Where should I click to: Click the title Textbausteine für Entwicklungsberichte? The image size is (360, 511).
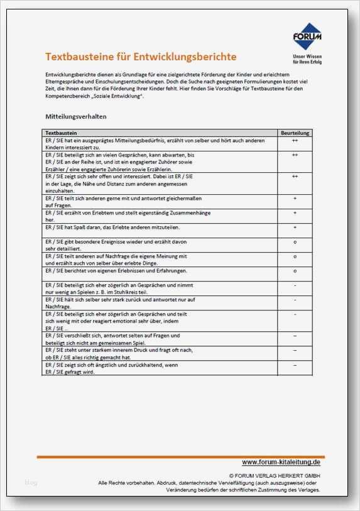coord(141,57)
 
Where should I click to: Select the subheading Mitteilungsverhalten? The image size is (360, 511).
coord(76,117)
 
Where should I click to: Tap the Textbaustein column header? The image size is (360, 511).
coord(62,133)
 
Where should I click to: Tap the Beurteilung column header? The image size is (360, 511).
coord(295,133)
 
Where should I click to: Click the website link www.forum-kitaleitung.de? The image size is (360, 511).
coord(281,462)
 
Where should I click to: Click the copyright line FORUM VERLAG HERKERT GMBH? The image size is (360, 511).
coord(275,476)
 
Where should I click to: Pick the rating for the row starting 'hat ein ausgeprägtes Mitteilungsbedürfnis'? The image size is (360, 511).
coord(295,141)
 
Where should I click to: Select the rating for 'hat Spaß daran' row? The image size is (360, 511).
coord(295,226)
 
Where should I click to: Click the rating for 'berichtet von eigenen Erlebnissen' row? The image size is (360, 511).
coord(295,270)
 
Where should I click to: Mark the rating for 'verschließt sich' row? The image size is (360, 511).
coord(295,336)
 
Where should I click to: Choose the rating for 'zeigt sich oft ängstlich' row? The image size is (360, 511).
coord(295,365)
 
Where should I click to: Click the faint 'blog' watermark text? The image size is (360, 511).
coord(31,483)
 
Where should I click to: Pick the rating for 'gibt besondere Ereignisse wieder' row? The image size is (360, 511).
coord(295,241)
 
